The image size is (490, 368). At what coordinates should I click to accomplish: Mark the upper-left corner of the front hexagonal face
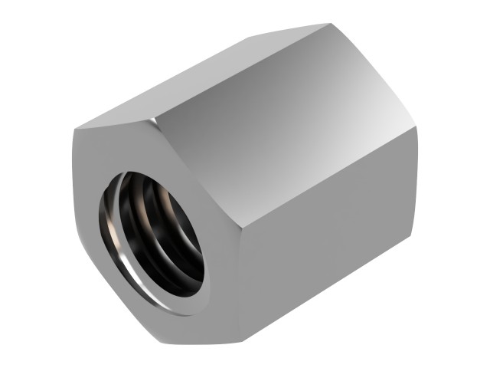coord(76,130)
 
